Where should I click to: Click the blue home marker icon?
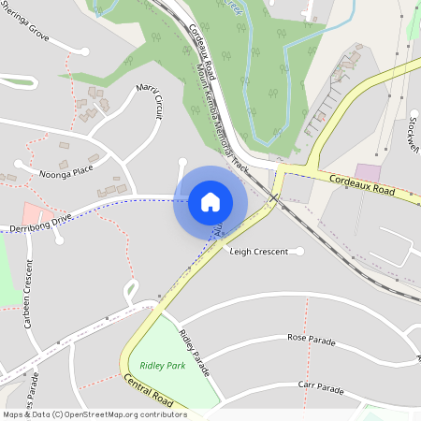click(x=210, y=202)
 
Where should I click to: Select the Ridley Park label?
click(x=162, y=365)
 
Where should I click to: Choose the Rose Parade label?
click(x=311, y=337)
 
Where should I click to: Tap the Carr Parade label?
click(x=320, y=385)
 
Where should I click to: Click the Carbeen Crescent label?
click(x=29, y=309)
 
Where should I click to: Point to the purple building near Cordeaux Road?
click(x=369, y=173)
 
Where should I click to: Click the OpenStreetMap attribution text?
click(x=94, y=414)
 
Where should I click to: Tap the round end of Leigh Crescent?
click(x=299, y=251)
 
